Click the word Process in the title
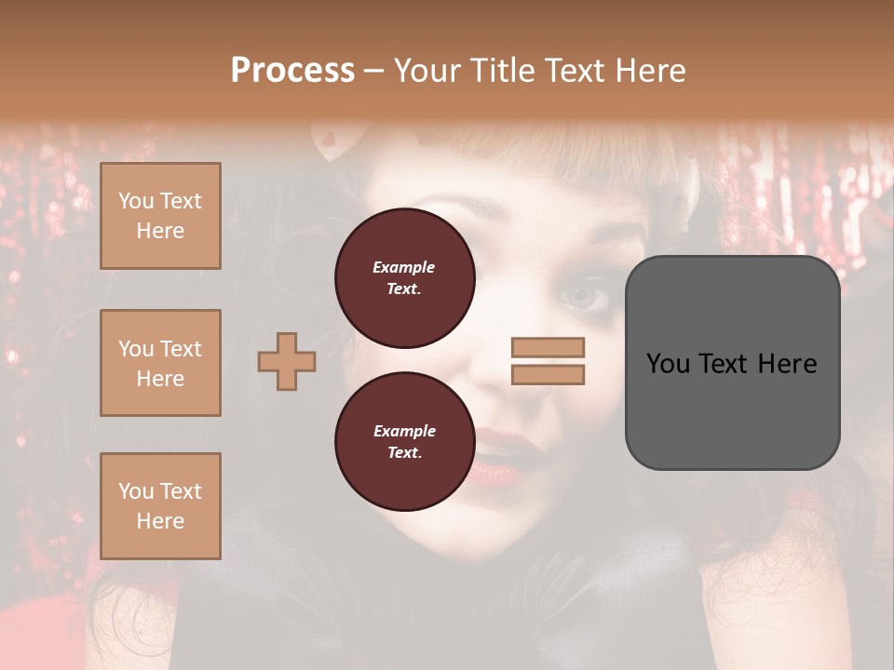[292, 71]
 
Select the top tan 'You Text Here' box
[160, 216]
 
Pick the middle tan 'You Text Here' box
[160, 363]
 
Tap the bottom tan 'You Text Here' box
[160, 506]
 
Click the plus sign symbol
[287, 361]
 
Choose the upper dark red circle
[405, 277]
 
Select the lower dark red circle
[405, 441]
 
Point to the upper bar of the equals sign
[548, 348]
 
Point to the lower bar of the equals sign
[548, 375]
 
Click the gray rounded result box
[732, 363]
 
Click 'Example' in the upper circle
[404, 267]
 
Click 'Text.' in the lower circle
[404, 453]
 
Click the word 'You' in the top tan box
[136, 201]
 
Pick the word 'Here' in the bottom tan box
[160, 521]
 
